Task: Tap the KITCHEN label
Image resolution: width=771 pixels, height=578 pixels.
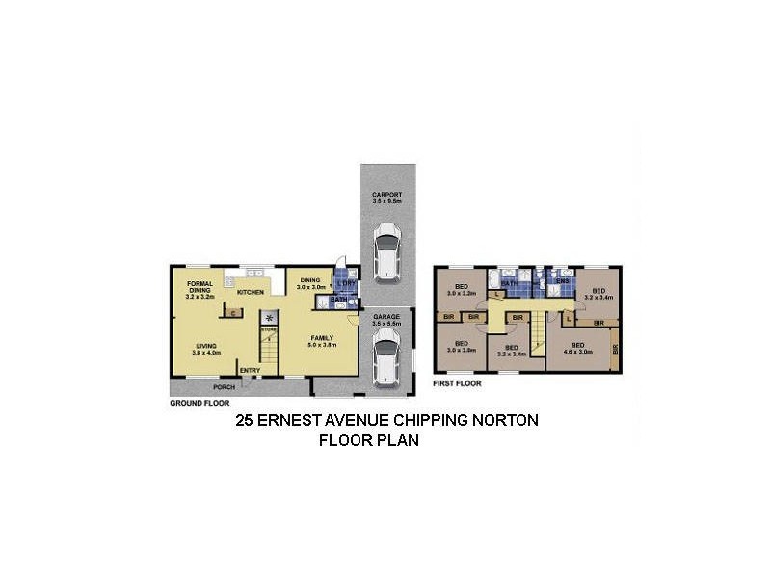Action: pyautogui.click(x=252, y=291)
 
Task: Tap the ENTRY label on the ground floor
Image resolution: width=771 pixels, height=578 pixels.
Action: pyautogui.click(x=250, y=370)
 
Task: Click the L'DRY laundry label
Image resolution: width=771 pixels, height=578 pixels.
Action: pyautogui.click(x=344, y=283)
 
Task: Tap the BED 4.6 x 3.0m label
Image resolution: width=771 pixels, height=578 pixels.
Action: pyautogui.click(x=578, y=348)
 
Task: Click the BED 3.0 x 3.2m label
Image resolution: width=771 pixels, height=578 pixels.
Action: pyautogui.click(x=462, y=290)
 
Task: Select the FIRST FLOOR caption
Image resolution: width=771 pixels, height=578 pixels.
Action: pyautogui.click(x=457, y=383)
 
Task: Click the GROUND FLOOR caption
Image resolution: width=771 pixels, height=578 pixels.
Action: pyautogui.click(x=199, y=403)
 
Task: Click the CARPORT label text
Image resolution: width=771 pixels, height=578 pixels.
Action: pyautogui.click(x=387, y=196)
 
